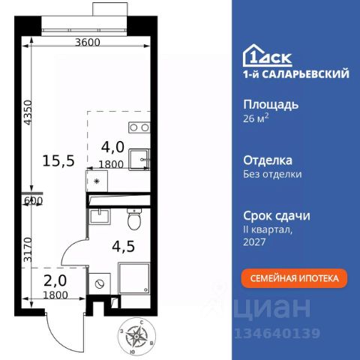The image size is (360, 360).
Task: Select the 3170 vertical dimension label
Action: pyautogui.click(x=27, y=244)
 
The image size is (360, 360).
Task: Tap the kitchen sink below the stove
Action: pyautogui.click(x=139, y=160)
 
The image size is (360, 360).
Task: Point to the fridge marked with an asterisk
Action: pyautogui.click(x=97, y=182)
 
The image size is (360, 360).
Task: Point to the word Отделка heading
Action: pyautogui.click(x=268, y=160)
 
